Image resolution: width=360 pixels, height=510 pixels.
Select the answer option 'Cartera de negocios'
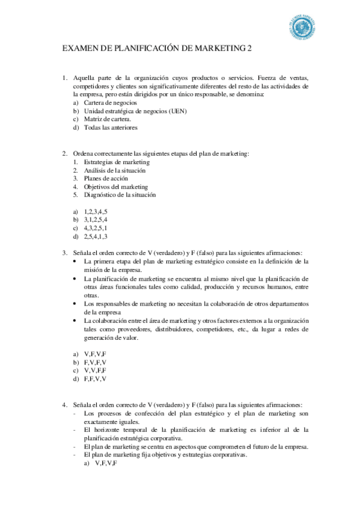[106, 103]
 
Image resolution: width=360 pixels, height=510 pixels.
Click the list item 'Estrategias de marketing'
[117, 162]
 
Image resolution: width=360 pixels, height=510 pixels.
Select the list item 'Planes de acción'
[103, 179]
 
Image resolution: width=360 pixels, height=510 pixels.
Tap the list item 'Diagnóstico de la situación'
[120, 195]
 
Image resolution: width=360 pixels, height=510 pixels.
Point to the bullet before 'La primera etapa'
[75, 262]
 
